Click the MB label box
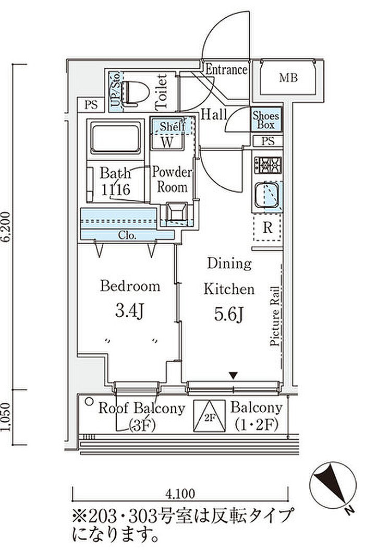click(288, 79)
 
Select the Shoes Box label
click(266, 121)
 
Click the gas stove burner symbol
click(268, 165)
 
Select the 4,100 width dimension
click(180, 493)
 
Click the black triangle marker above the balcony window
click(234, 375)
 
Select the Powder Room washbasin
click(176, 213)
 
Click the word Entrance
click(226, 70)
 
